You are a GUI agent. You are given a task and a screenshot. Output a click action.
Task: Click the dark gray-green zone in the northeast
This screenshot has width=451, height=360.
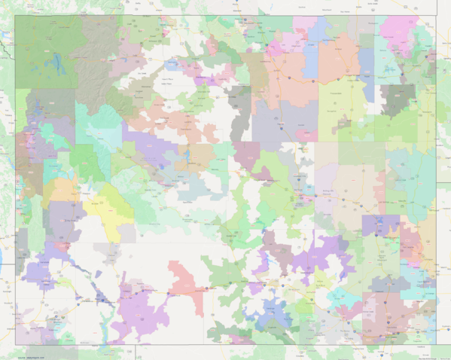pyautogui.click(x=397, y=97)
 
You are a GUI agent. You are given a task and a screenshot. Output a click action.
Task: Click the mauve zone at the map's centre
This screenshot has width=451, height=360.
pyautogui.click(x=245, y=154)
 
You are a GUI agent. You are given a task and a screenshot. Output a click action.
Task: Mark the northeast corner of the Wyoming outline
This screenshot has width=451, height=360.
pyautogui.click(x=435, y=17)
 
